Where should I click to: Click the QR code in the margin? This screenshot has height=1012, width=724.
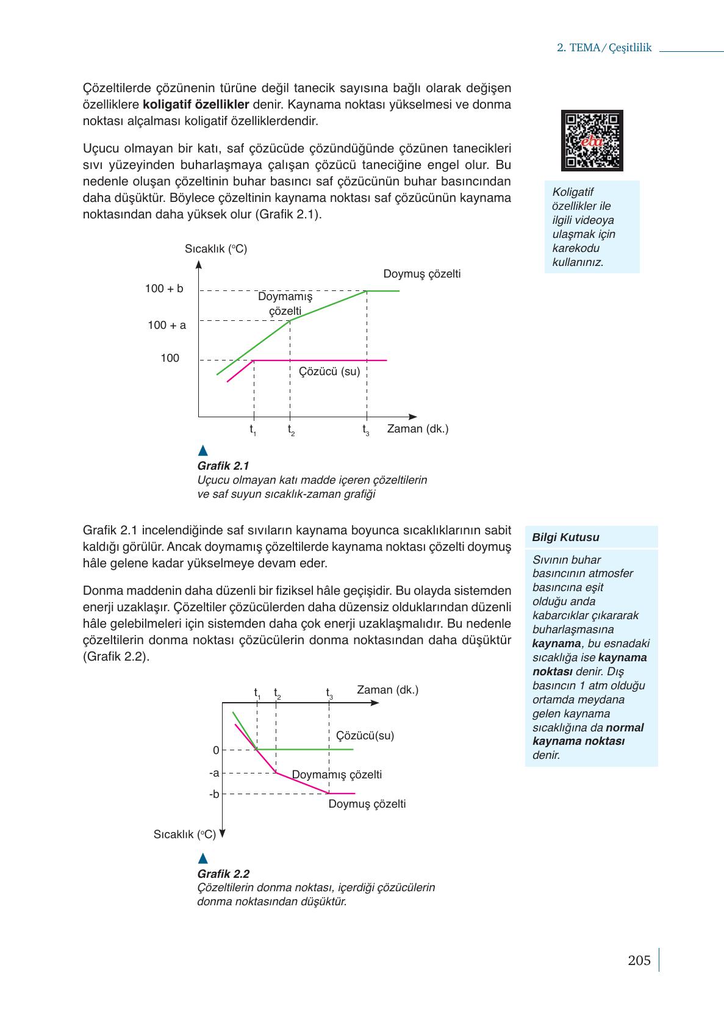point(592,140)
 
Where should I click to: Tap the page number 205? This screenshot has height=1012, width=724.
point(639,961)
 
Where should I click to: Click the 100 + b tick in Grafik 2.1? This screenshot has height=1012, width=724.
point(164,289)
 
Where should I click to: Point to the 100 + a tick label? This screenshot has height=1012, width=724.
point(167,325)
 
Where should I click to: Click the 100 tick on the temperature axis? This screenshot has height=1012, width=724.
point(170,359)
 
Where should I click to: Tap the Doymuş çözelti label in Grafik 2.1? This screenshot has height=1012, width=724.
point(421,274)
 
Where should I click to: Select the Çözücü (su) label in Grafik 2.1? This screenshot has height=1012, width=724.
point(329,371)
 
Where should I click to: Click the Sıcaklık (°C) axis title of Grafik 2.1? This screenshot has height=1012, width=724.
point(215,249)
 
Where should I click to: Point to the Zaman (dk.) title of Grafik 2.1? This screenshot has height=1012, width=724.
point(417,429)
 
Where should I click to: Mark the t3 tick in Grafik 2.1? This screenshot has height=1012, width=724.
point(366,430)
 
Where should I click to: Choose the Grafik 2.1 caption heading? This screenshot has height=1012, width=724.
point(223,466)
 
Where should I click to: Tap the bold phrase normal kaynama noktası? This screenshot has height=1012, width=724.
point(587,734)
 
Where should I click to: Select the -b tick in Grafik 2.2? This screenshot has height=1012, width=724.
point(214,794)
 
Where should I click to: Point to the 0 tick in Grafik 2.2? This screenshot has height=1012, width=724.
point(216,750)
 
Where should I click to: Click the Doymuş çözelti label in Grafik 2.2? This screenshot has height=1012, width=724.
point(367,804)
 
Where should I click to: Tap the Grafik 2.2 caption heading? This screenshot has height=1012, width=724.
point(223,874)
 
